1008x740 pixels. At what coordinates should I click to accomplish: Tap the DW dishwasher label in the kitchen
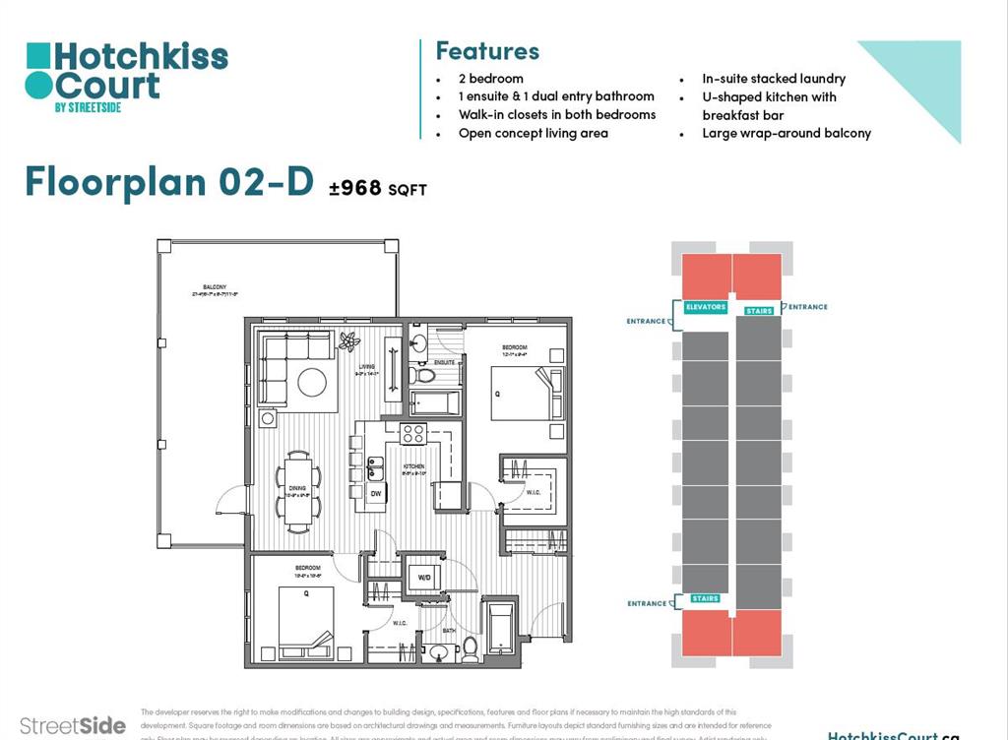[x=375, y=492]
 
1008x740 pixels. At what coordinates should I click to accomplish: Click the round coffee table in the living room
[x=312, y=381]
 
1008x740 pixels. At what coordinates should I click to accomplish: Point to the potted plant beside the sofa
[x=348, y=342]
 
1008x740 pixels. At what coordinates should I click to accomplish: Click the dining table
[x=296, y=489]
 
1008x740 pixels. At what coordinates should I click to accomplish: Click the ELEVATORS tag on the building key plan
[x=706, y=307]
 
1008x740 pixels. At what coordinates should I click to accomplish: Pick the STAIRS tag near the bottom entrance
[x=704, y=598]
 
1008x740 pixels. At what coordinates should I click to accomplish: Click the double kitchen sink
[x=375, y=466]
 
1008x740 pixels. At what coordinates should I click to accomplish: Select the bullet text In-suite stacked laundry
[x=773, y=79]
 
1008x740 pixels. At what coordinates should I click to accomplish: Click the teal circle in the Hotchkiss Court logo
[x=37, y=86]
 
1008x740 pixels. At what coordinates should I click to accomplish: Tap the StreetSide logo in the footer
[x=72, y=726]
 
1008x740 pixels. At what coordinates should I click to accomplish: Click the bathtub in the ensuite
[x=433, y=402]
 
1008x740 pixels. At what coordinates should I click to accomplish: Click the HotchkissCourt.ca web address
[x=892, y=734]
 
